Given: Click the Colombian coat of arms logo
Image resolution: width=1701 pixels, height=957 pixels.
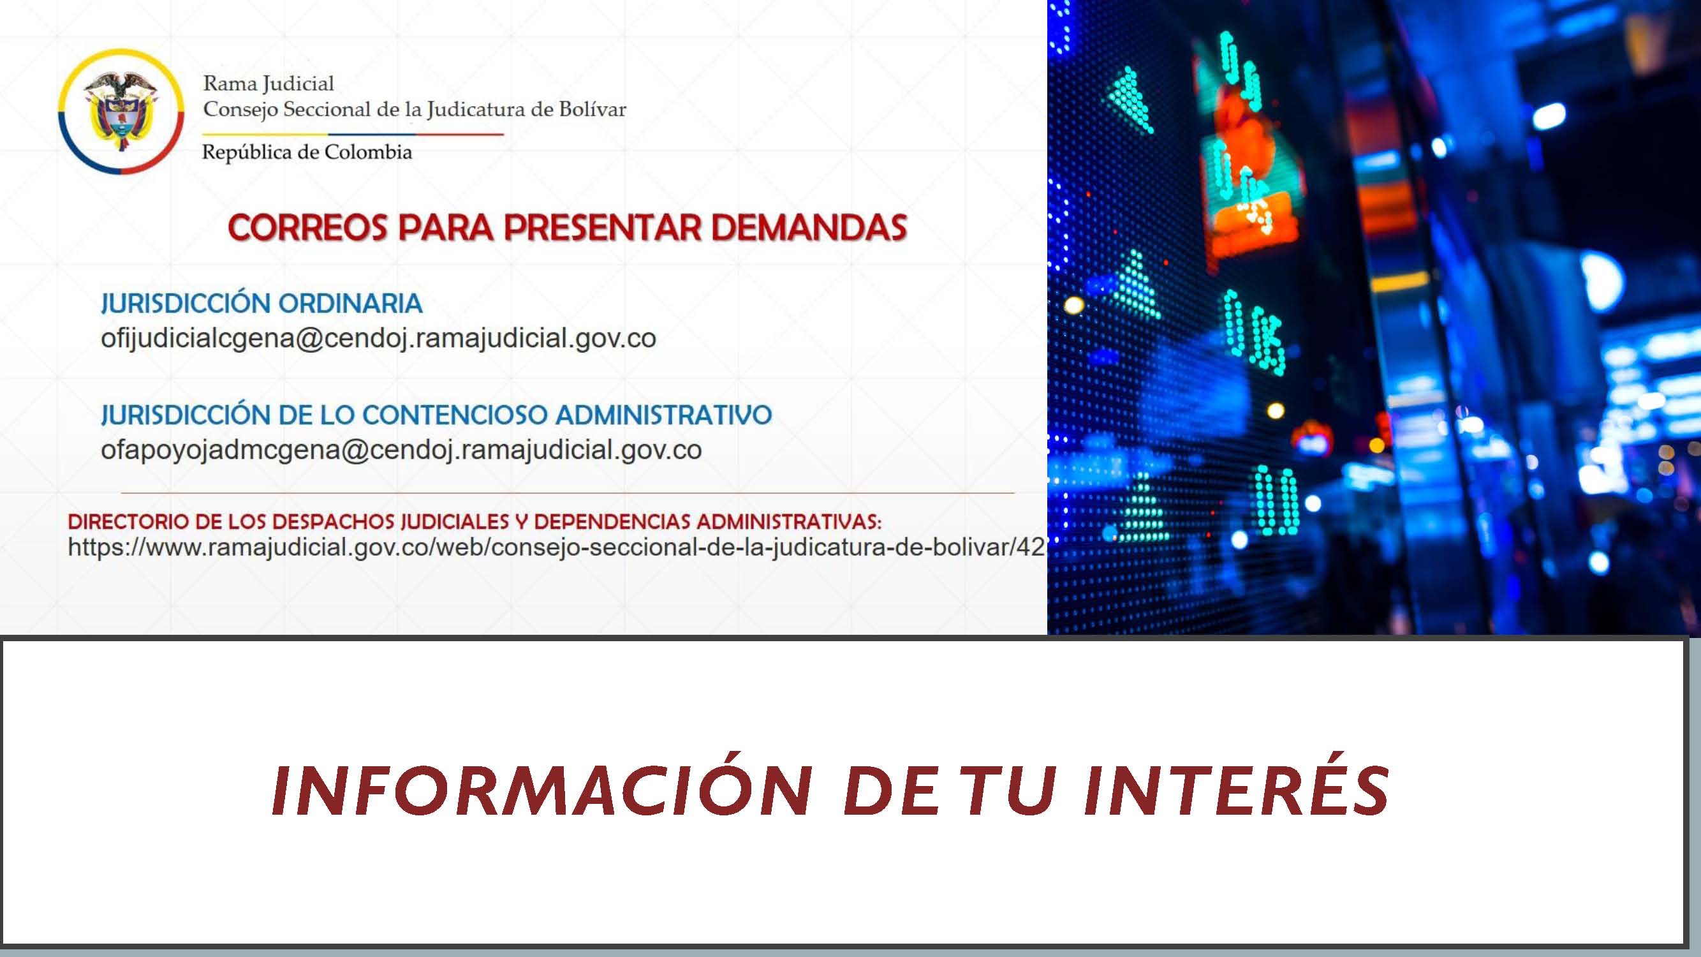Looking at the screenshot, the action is [x=121, y=112].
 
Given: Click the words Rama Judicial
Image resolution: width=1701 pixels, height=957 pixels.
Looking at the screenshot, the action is [x=268, y=84].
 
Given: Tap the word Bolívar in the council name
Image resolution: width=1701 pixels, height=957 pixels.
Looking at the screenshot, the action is [x=593, y=109].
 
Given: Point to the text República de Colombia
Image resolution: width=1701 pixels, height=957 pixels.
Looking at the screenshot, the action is [x=307, y=152].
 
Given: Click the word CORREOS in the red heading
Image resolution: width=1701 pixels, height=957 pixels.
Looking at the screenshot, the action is [x=307, y=227].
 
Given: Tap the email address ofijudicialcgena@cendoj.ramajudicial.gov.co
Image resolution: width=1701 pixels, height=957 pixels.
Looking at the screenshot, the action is [x=378, y=339].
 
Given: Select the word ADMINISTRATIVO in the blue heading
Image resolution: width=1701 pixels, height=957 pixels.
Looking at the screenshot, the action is [x=664, y=415].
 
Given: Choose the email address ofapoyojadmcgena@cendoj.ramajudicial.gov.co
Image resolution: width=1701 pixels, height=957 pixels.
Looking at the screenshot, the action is [x=401, y=450].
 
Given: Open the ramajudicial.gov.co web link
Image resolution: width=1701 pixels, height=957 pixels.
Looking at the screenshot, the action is [x=556, y=547].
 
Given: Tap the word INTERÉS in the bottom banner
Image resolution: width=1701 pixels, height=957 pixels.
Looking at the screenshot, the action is [x=1236, y=791].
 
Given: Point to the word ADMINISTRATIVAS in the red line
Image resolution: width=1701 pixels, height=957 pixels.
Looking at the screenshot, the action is [x=789, y=522].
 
